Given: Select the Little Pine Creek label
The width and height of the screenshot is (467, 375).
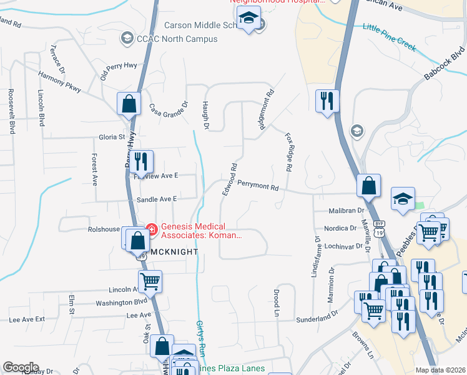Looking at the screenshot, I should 390,37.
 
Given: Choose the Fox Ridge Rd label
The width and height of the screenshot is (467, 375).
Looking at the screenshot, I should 289,152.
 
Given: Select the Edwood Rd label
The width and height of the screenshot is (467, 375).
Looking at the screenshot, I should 229,179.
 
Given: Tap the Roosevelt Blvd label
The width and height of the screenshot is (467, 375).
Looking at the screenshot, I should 11,110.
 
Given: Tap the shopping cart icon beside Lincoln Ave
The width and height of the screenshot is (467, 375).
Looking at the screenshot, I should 150,282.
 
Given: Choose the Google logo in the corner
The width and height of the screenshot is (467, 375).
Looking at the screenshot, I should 21,367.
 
